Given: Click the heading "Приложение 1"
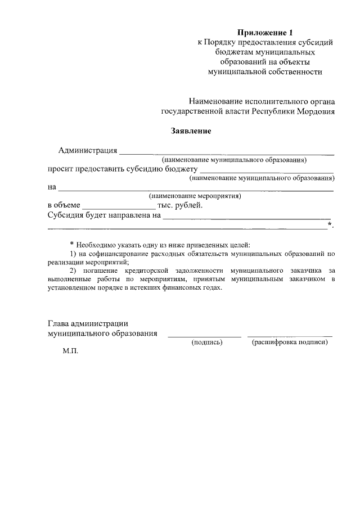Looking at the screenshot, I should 264,32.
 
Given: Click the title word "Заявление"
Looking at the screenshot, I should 191,132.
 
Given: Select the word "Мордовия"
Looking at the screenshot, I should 314,111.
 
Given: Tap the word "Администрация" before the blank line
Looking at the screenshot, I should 88,150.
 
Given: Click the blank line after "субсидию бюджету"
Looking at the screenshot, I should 267,172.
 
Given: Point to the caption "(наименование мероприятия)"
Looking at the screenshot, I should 195,196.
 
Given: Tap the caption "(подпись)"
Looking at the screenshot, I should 208,342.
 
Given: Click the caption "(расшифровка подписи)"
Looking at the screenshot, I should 290,342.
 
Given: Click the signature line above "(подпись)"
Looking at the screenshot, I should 204,336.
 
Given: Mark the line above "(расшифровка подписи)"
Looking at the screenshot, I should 289,336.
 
